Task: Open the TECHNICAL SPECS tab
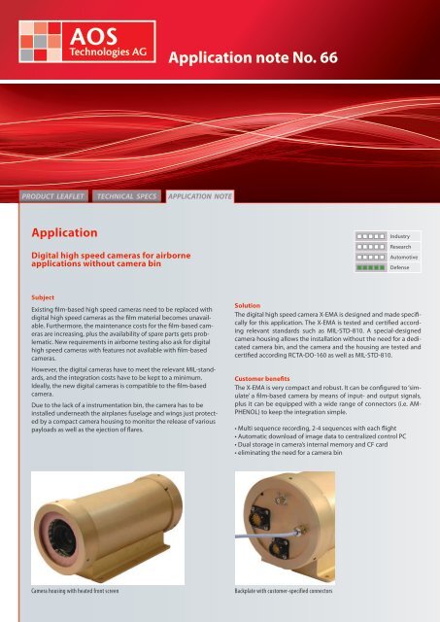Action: tap(129, 196)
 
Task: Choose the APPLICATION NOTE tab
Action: tap(200, 196)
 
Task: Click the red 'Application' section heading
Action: tap(68, 234)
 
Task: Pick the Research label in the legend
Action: tap(401, 246)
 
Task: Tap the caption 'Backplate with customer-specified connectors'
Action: tap(290, 590)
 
